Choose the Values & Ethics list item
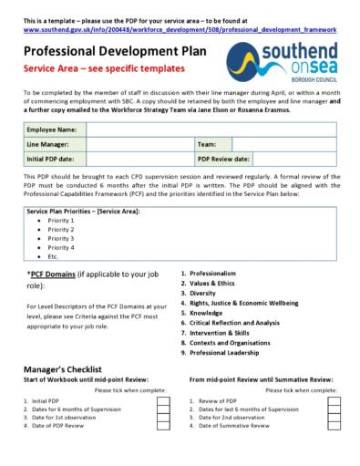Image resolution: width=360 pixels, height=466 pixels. pos(212,284)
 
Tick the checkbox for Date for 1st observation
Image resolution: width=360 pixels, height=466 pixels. pos(163,418)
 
